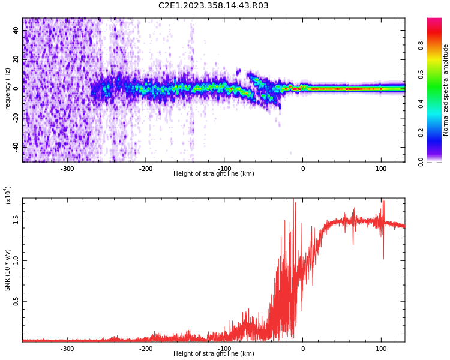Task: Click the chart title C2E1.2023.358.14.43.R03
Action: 213,6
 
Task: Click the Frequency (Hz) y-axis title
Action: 8,90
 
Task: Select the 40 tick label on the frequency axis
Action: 16,31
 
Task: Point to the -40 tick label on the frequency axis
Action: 15,146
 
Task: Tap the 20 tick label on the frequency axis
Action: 16,59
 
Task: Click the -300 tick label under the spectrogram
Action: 67,169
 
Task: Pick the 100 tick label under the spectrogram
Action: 380,169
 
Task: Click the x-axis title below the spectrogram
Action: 213,174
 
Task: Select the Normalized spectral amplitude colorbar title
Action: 446,90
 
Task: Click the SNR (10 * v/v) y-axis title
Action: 8,270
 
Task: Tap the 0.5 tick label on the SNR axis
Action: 16,302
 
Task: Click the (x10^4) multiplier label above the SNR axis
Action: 8,195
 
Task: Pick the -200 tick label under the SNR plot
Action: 146,349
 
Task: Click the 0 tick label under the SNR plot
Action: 302,349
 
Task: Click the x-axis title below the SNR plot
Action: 213,354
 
